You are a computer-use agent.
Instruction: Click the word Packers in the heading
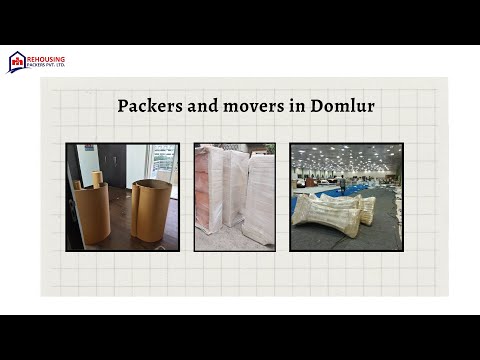pyautogui.click(x=146, y=105)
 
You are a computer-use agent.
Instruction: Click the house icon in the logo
pyautogui.click(x=17, y=62)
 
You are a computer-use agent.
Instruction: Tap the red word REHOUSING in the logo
pyautogui.click(x=46, y=59)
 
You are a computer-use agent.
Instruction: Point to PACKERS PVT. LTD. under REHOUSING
pyautogui.click(x=46, y=68)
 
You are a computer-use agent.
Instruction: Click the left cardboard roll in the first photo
pyautogui.click(x=93, y=213)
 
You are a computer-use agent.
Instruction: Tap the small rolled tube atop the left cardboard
pyautogui.click(x=97, y=178)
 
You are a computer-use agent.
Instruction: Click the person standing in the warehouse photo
pyautogui.click(x=341, y=183)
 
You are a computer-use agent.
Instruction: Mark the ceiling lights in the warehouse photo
pyautogui.click(x=345, y=155)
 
